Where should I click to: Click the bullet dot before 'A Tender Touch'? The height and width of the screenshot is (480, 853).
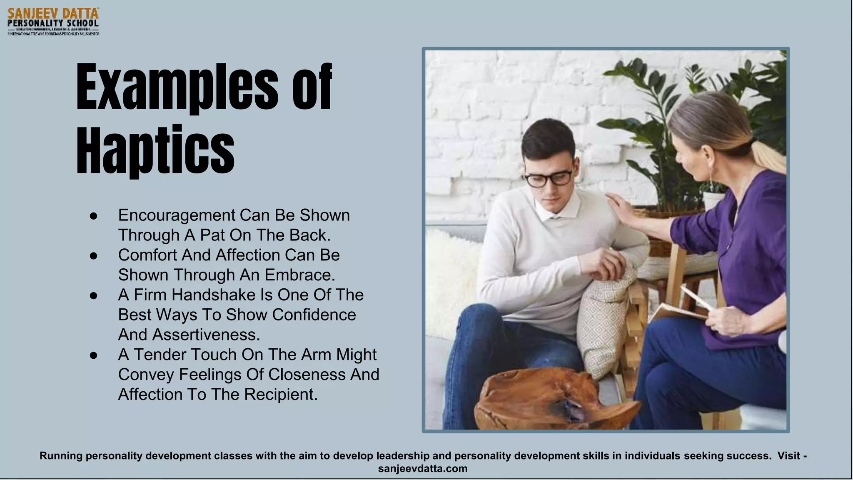[93, 355]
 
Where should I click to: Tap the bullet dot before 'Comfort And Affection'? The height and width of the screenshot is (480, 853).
[93, 255]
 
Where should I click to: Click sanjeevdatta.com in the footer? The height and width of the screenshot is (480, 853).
[422, 469]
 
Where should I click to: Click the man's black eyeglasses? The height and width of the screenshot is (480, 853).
[549, 178]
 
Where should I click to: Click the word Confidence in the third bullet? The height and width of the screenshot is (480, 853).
[314, 315]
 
